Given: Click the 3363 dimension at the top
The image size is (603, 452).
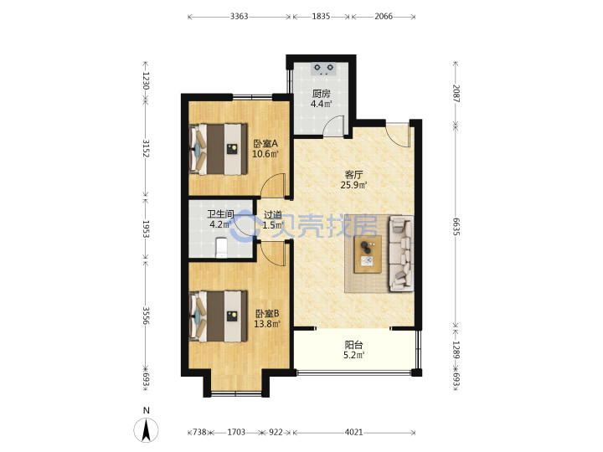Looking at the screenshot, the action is pos(239,16).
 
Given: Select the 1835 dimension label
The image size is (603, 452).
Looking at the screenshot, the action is pos(321,16).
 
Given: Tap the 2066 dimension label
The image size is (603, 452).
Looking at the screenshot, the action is pos(384,16).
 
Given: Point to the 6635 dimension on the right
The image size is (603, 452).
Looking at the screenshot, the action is pos(456,227).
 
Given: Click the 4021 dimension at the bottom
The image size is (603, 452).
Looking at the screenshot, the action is pos(353,433).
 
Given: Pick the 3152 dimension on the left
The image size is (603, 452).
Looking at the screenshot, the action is pos(146,148).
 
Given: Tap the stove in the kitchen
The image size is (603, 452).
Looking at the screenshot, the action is pos(323,69).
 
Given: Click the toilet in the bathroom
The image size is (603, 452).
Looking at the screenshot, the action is pos(221,248).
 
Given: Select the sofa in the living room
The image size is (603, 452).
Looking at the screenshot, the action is pos(402,253).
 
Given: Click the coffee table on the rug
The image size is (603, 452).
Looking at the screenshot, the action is pos(368,254).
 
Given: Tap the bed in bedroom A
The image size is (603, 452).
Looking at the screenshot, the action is pos(219,149).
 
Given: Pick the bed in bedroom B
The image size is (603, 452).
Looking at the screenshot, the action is pos(219,316).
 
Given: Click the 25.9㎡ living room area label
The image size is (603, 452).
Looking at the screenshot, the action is pos(353,185).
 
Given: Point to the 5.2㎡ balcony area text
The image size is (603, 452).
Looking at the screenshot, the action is pos(353,355).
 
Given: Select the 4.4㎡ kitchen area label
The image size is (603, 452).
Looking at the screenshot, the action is pos(321,104).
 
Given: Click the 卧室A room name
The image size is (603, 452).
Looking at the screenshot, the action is pos(265,144).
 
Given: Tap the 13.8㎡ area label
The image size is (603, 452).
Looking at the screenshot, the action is pos(267,324).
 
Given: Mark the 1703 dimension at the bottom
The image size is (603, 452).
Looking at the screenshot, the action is pos(236,433).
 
